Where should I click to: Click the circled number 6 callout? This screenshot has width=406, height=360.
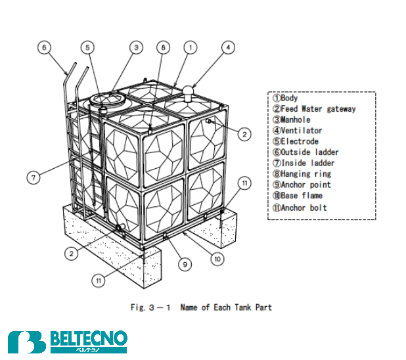[44, 47]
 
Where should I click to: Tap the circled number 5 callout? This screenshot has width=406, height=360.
[88, 47]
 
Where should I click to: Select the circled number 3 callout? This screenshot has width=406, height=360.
[135, 47]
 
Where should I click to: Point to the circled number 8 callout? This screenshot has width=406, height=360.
[164, 47]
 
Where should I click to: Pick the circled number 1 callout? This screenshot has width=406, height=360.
[190, 47]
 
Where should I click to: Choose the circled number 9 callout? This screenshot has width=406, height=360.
[185, 264]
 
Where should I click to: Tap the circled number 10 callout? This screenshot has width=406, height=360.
[217, 259]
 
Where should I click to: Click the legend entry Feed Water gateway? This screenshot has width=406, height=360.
[314, 109]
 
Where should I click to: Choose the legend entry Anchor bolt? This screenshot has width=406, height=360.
[300, 208]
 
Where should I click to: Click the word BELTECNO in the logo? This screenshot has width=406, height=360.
[88, 339]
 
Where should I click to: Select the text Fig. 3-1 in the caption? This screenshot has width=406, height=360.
[150, 307]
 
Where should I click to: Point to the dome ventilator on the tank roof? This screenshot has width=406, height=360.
[188, 90]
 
